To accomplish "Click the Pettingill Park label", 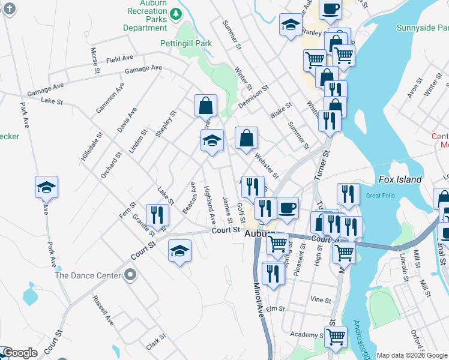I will coord(186,43).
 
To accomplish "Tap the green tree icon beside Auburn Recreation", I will coord(175,13).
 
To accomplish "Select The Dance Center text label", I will coord(88,276).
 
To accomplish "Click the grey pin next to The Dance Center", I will coord(131,276).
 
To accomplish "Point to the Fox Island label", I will coord(400,179).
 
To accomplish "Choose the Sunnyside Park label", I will coord(422,28).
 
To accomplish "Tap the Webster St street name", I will coord(267,166).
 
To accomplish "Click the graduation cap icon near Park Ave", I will coord(46,187).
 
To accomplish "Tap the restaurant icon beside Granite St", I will coord(157,214).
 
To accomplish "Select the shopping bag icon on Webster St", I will coord(246,138).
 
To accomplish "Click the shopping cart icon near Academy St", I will coord(336,337).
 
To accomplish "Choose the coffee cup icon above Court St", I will coord(288,208).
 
